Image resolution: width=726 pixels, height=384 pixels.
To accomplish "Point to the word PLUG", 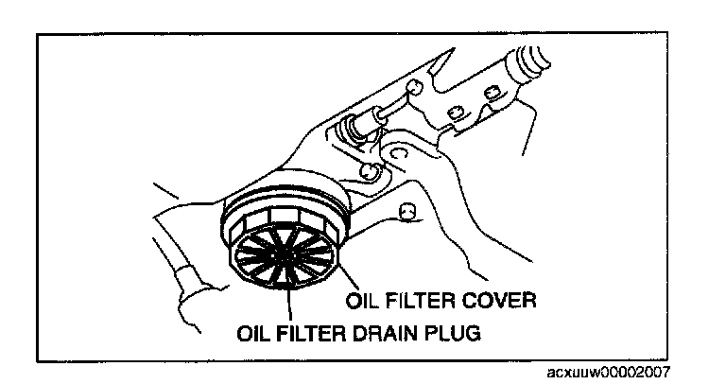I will tap(452, 333).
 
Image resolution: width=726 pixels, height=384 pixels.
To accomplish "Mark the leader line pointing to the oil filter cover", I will tap(343, 278).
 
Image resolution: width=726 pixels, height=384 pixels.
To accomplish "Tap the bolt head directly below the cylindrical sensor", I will tap(371, 172).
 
